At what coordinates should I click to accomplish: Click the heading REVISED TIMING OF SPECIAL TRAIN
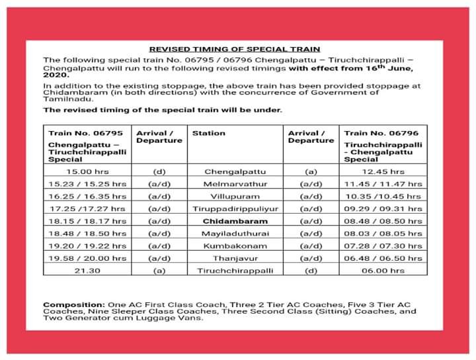(235, 49)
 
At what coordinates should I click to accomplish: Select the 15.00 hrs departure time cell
(88, 171)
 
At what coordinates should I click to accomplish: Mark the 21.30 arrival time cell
(88, 271)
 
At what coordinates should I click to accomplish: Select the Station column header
(208, 134)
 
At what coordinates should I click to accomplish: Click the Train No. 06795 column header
(85, 134)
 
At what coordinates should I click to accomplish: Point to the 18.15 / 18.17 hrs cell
(88, 221)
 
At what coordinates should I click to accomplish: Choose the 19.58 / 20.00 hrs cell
(88, 258)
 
